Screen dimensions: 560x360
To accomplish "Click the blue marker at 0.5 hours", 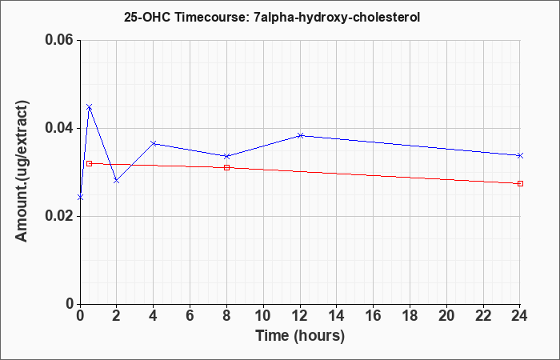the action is coord(90,106).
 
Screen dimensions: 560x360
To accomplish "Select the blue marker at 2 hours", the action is coord(117,181).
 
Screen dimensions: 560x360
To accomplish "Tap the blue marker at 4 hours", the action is coord(154,143).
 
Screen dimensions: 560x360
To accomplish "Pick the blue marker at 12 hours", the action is coord(300,135).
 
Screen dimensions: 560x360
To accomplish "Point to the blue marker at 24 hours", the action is coord(520,155).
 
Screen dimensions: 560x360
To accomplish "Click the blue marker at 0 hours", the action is coord(80,197).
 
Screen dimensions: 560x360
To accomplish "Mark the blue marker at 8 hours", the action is coord(226,156).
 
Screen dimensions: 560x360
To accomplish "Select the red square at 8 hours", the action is coord(226,167).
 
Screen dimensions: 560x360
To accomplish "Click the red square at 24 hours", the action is coord(520,183).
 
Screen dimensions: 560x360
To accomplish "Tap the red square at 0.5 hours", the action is coord(90,163).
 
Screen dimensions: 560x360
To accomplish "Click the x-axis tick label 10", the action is coord(263,316).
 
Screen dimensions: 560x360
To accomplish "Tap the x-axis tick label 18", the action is coord(410,316).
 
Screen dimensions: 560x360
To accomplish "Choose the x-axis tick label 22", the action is coord(483,316).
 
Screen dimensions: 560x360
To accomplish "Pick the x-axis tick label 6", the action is coord(190,316).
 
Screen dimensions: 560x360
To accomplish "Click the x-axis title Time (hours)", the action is coord(300,336).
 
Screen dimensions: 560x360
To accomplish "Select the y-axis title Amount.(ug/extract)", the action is coord(22,171).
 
